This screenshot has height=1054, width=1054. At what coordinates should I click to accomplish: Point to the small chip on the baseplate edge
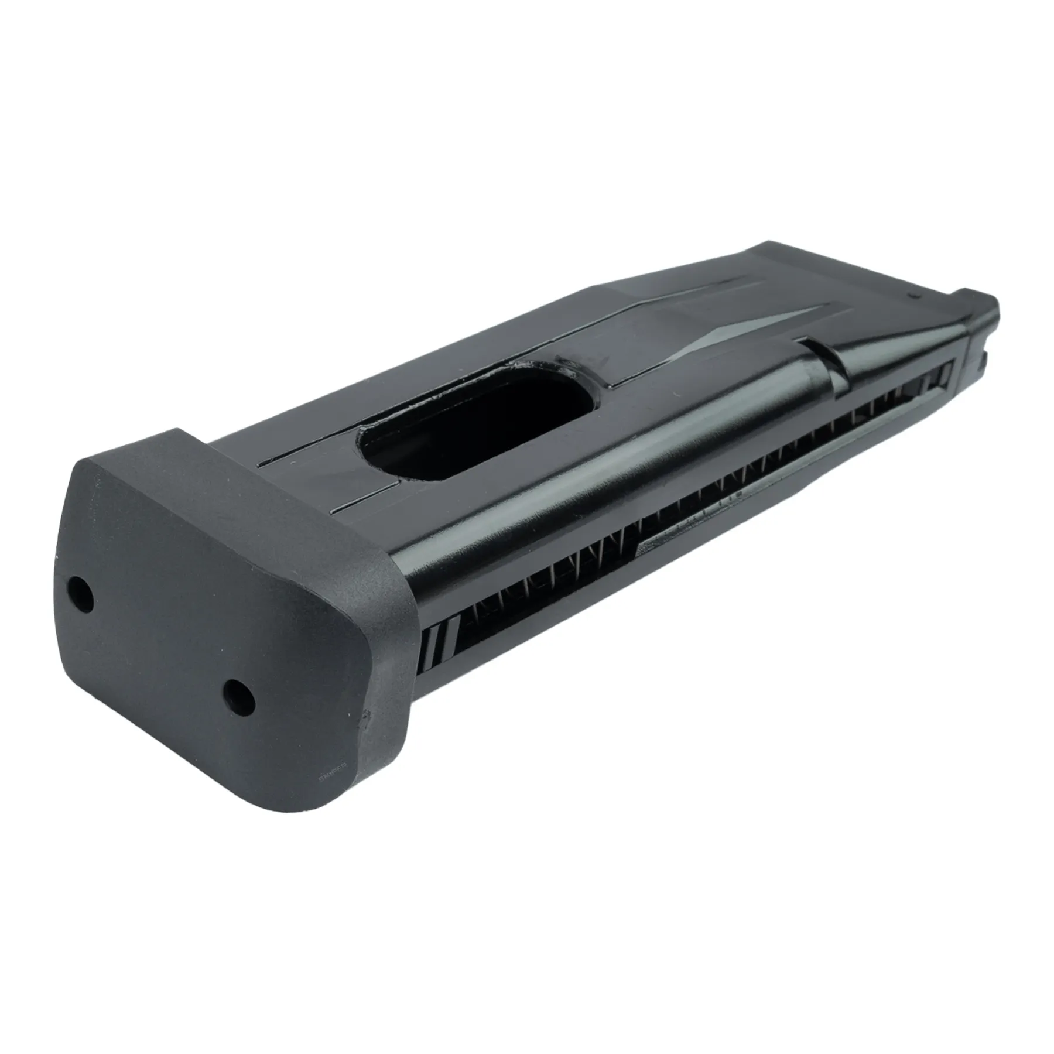point(367,715)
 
